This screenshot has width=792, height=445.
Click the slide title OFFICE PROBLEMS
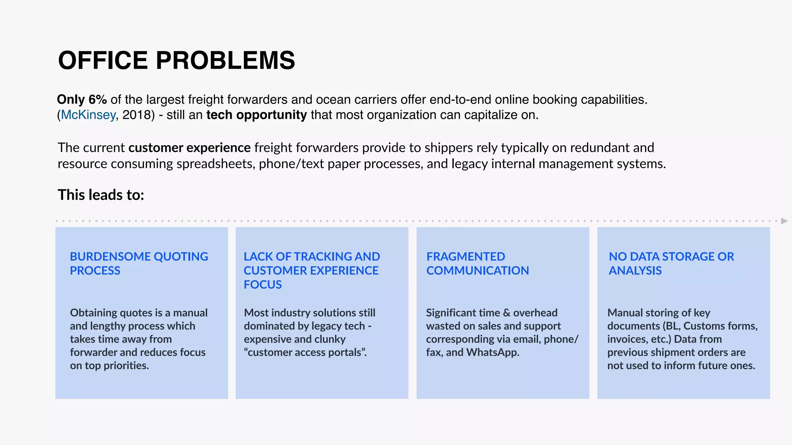click(176, 61)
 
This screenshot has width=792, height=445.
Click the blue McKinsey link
click(88, 115)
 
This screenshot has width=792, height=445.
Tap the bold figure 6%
click(97, 100)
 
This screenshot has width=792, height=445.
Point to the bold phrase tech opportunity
click(256, 115)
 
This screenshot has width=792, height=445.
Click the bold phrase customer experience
click(189, 148)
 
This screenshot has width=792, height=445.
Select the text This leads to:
click(101, 195)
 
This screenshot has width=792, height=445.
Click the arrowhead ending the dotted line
click(784, 221)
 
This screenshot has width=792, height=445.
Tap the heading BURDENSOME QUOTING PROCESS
click(139, 263)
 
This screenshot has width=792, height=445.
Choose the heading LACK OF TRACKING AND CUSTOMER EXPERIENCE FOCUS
click(312, 270)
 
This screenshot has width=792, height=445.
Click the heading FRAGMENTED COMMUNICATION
click(478, 263)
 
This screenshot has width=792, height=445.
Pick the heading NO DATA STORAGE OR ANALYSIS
click(671, 263)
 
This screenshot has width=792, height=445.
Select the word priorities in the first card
click(126, 365)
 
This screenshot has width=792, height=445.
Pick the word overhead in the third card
click(535, 313)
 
